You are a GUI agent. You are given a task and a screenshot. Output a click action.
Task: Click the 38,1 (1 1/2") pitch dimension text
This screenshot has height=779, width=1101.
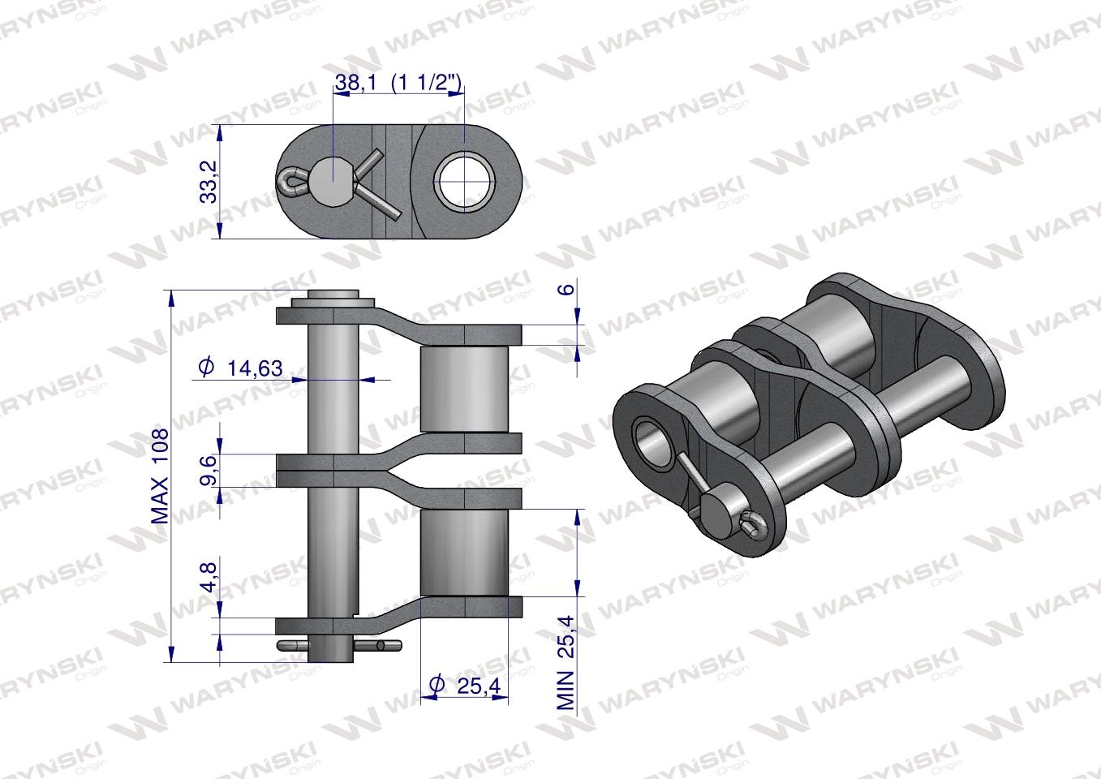pos(398,82)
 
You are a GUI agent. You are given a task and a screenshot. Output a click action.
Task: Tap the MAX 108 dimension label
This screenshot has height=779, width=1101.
pos(160,476)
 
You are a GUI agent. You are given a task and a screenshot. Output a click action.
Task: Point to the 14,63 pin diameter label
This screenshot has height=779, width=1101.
pos(255,368)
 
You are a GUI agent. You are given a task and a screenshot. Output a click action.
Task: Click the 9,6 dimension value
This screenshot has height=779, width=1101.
pos(209,470)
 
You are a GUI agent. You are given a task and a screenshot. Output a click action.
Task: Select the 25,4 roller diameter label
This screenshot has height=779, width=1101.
pos(478,686)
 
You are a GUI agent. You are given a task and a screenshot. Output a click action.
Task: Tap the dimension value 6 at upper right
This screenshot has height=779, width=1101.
pos(567,288)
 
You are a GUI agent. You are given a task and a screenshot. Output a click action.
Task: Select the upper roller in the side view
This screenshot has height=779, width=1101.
pos(464,389)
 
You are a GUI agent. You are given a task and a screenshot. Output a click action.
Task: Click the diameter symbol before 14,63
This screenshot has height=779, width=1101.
pos(205,368)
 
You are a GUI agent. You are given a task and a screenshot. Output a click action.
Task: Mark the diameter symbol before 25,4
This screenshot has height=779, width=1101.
pos(436,686)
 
